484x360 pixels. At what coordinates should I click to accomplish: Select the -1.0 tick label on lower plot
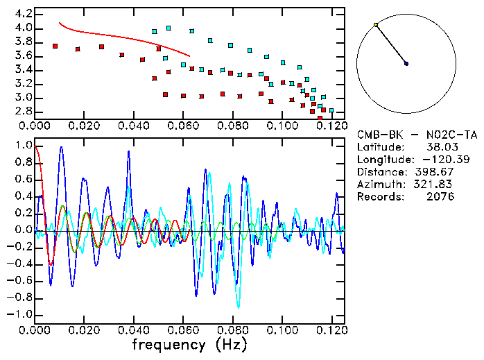coord(19,314)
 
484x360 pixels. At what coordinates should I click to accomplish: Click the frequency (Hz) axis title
coord(189,345)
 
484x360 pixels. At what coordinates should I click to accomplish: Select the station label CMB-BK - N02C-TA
coord(417,135)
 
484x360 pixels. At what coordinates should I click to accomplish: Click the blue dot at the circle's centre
coord(406,64)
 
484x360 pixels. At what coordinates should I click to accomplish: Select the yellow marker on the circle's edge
coord(376,25)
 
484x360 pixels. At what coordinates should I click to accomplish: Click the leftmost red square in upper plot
coord(55,46)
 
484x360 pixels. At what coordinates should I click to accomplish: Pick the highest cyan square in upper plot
coord(168,28)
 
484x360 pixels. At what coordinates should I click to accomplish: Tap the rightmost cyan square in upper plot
coord(331,110)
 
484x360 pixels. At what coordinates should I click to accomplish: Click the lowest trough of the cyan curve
coord(239,307)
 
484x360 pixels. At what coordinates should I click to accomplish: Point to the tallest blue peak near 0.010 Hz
coord(62,147)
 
